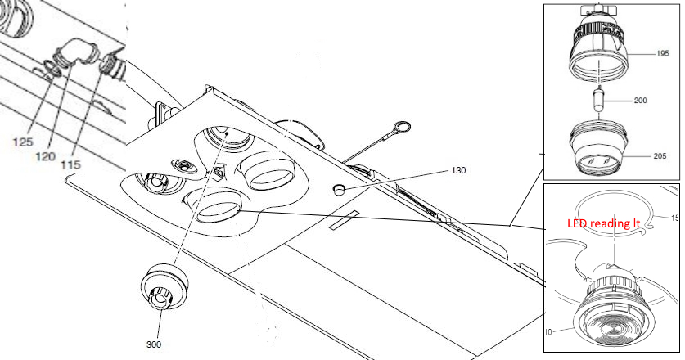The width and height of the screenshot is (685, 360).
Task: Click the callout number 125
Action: (x=24, y=142)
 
